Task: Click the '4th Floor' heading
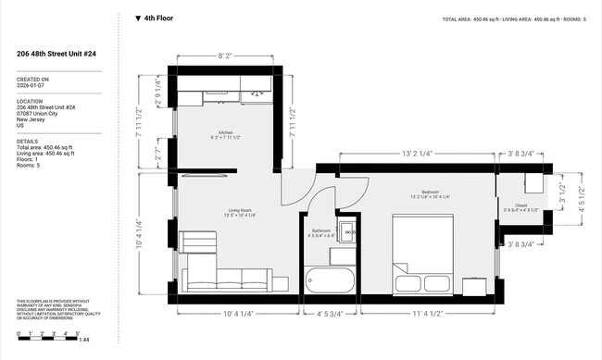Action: [x=158, y=18]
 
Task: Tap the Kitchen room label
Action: [x=224, y=132]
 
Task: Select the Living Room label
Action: [x=241, y=211]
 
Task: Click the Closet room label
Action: [x=520, y=205]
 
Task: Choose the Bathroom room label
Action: [x=321, y=230]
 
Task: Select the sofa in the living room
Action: [x=226, y=279]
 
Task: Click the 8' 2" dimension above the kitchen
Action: [x=225, y=56]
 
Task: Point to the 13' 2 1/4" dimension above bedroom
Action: [x=419, y=154]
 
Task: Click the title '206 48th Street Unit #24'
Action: [x=56, y=54]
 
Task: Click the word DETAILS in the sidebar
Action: [x=27, y=142]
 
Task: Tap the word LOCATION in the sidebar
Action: [x=30, y=101]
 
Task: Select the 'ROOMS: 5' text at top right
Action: [x=571, y=19]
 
